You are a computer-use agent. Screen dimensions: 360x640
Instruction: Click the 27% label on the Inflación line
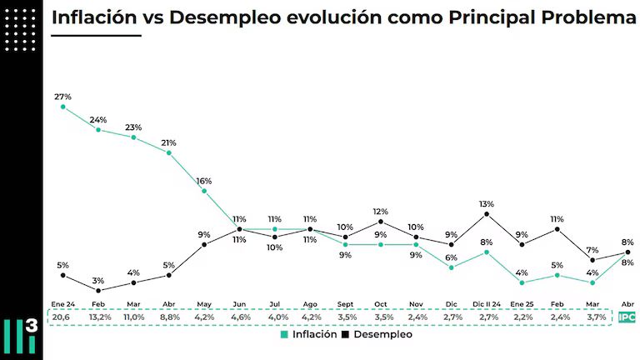pyautogui.click(x=62, y=97)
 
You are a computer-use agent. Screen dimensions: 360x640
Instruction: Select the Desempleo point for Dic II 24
pyautogui.click(x=487, y=214)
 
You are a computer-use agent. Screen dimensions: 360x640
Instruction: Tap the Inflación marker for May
pyautogui.click(x=204, y=191)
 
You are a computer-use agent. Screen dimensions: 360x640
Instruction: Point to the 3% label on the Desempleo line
pyautogui.click(x=98, y=280)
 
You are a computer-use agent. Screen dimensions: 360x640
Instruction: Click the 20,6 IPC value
pyautogui.click(x=61, y=317)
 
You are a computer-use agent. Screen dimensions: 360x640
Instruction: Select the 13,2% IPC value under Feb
pyautogui.click(x=99, y=317)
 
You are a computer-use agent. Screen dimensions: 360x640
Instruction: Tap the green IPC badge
pyautogui.click(x=627, y=317)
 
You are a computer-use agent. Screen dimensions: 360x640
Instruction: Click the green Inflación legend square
pyautogui.click(x=285, y=334)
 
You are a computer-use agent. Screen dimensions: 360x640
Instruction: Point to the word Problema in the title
pyautogui.click(x=588, y=17)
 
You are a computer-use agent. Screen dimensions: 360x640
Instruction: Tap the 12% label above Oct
pyautogui.click(x=381, y=211)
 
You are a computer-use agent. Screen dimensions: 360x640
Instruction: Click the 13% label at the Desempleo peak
pyautogui.click(x=487, y=203)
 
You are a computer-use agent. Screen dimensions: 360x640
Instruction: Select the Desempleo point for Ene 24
pyautogui.click(x=62, y=275)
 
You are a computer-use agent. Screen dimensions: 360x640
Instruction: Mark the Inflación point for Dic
pyautogui.click(x=451, y=267)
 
